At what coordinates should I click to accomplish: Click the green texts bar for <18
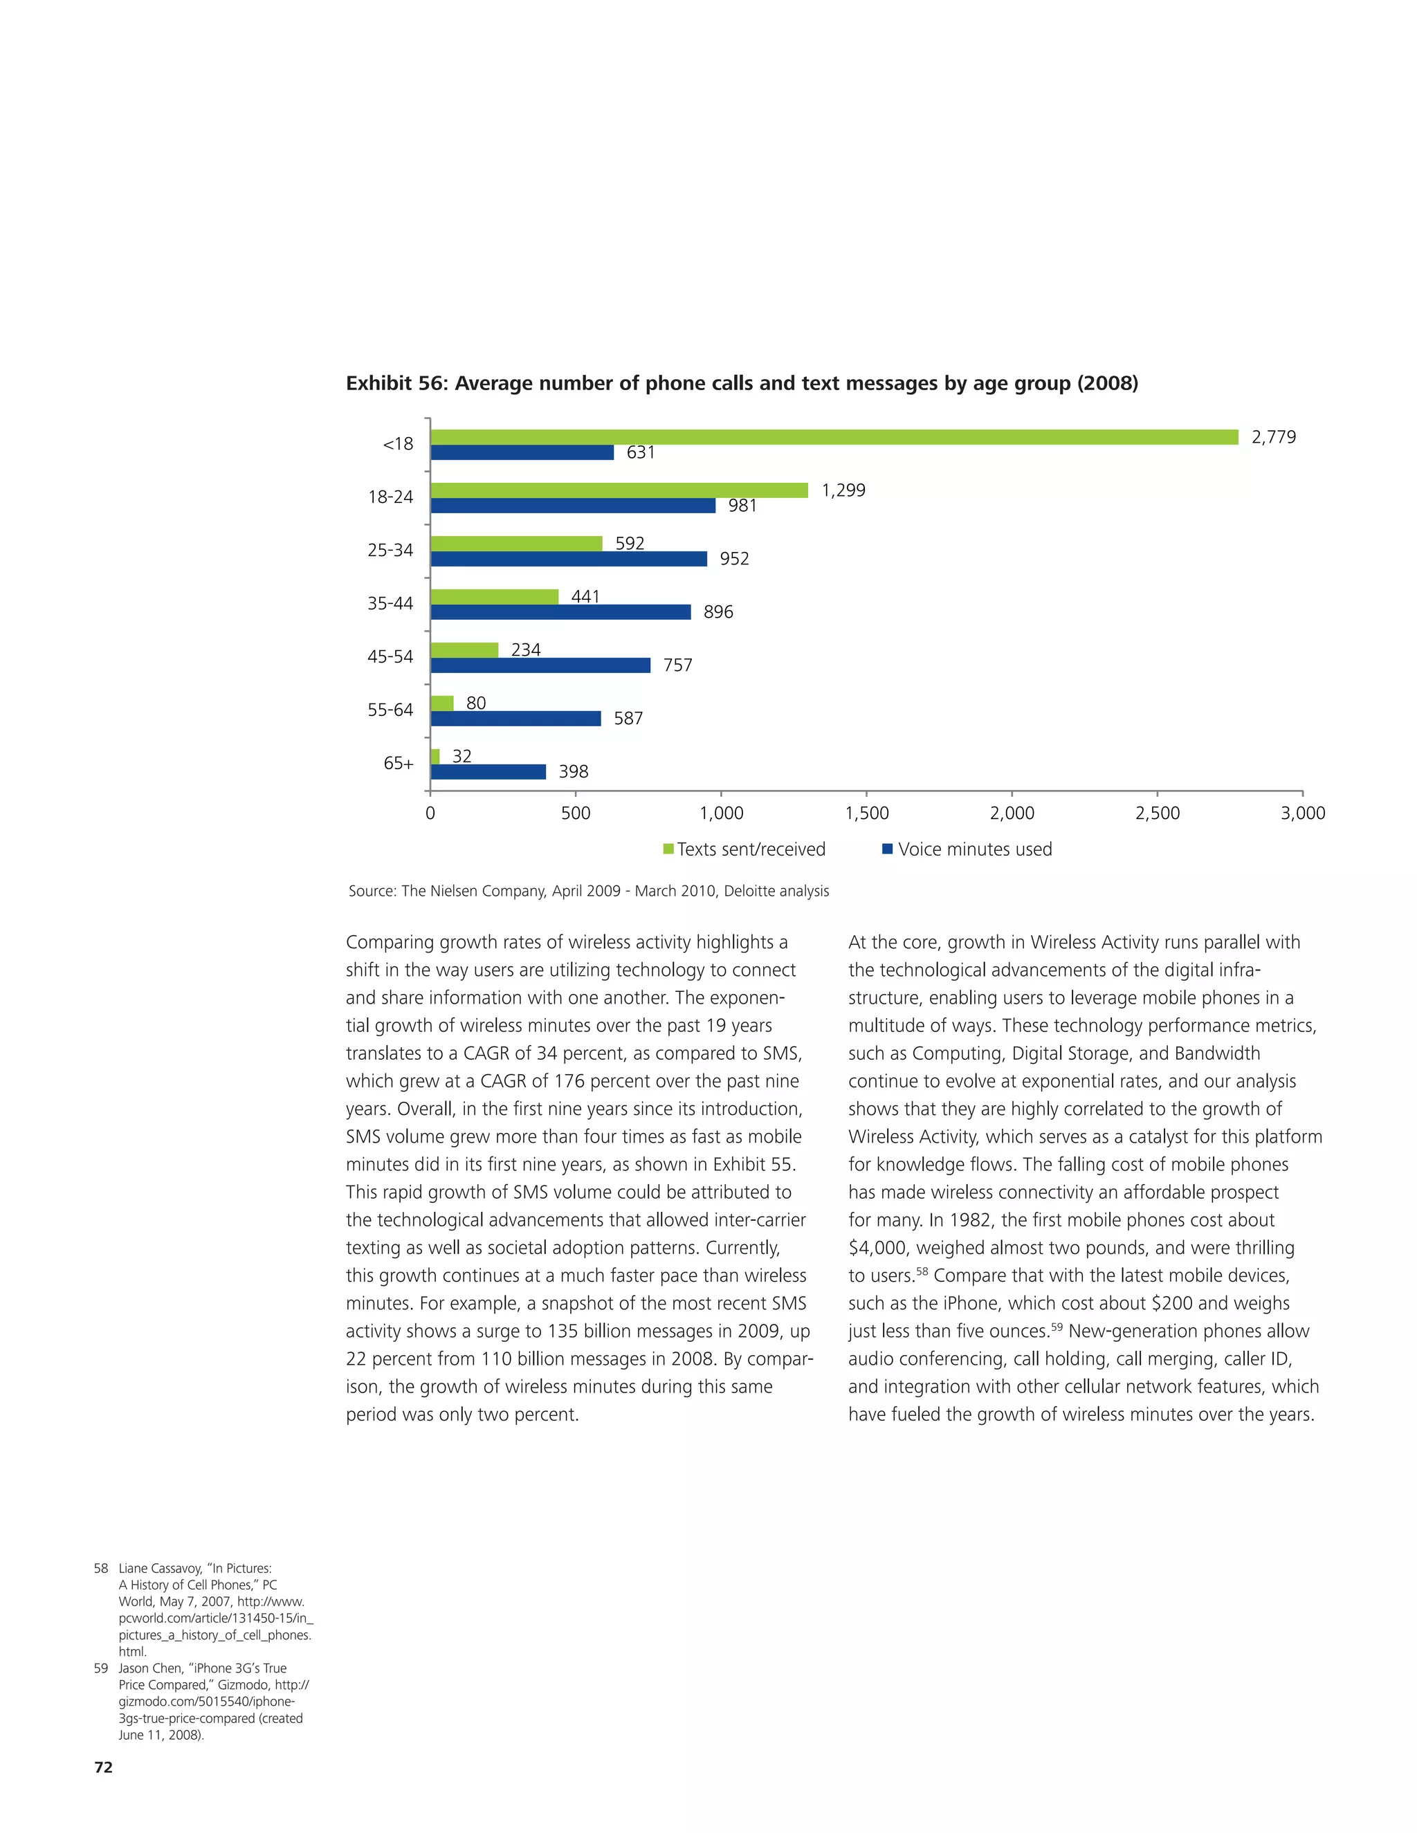tap(834, 437)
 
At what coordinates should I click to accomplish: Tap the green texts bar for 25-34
tap(516, 544)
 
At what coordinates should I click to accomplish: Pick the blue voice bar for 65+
tap(488, 772)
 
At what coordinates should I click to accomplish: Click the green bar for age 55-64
tap(441, 703)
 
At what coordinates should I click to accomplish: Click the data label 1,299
tap(843, 490)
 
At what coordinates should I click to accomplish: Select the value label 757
tap(677, 665)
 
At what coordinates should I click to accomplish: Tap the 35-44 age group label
tap(390, 603)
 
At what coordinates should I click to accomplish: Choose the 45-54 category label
tap(390, 656)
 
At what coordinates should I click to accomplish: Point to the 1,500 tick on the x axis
tap(866, 813)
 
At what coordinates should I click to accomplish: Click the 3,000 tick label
tap(1302, 813)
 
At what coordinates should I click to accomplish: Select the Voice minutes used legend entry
tap(973, 849)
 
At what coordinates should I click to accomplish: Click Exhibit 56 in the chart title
tap(394, 384)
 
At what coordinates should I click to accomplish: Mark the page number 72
tap(103, 1767)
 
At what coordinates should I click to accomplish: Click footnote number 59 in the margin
tap(101, 1668)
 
